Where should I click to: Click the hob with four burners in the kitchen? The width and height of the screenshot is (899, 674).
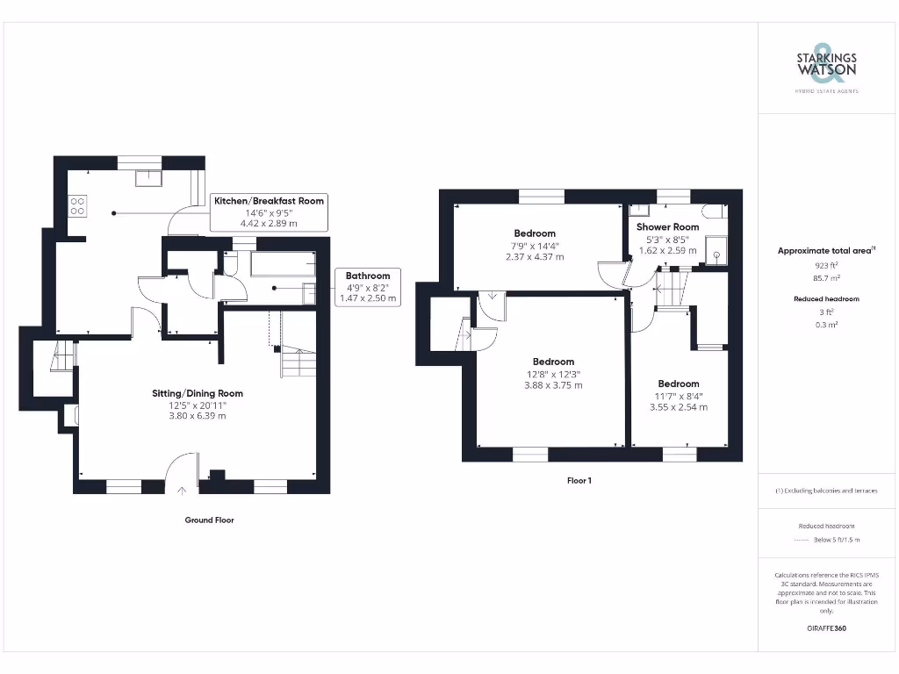(77, 205)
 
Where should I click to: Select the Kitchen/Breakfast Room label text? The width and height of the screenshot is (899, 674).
(269, 201)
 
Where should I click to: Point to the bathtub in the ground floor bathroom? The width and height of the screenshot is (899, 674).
(282, 263)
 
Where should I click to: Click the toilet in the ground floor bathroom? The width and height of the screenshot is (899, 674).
(309, 293)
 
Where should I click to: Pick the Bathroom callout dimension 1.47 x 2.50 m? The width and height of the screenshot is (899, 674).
(368, 298)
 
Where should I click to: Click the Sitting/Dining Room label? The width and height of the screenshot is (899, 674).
(197, 393)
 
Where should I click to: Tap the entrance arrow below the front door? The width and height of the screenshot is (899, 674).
(183, 491)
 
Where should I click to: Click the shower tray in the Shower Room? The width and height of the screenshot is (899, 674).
(716, 253)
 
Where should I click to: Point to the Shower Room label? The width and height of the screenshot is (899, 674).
(667, 226)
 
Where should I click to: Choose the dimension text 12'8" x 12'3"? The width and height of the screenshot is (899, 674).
(553, 373)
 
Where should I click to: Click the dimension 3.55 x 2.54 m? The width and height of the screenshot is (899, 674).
(679, 407)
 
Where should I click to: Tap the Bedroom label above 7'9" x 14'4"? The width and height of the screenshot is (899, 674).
(535, 233)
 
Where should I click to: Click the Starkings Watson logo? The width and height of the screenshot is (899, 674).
(826, 64)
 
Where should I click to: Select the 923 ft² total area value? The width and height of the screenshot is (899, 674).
(826, 264)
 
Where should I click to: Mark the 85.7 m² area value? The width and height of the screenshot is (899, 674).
(826, 277)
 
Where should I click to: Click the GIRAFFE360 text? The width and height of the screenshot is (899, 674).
(826, 628)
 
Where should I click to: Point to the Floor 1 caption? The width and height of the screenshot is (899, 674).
(578, 481)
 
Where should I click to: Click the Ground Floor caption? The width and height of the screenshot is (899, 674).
(209, 520)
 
